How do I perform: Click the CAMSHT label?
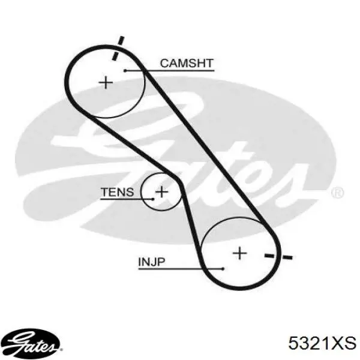click(187, 63)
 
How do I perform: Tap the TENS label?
click(118, 192)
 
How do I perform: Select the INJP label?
click(152, 262)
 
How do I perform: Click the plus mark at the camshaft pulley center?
click(106, 82)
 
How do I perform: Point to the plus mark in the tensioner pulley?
click(161, 191)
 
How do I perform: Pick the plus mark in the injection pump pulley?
click(239, 253)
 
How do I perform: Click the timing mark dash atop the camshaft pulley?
click(118, 48)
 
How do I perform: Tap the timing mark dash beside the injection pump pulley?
click(278, 256)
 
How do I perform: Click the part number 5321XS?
click(322, 343)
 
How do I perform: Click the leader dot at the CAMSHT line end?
click(125, 70)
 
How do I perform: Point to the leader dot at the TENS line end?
click(153, 199)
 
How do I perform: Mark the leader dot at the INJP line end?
click(223, 269)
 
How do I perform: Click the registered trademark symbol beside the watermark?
click(337, 193)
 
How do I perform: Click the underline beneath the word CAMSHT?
click(169, 70)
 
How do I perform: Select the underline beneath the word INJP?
click(181, 269)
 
